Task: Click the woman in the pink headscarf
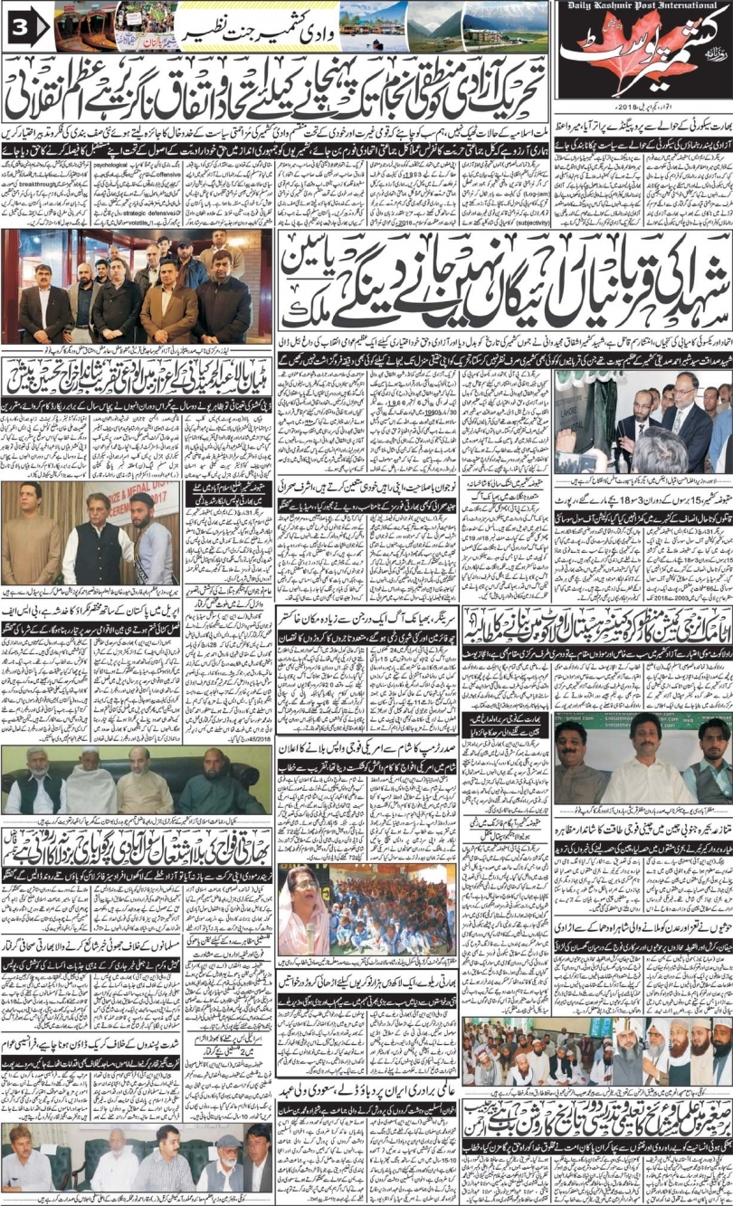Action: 306,905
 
